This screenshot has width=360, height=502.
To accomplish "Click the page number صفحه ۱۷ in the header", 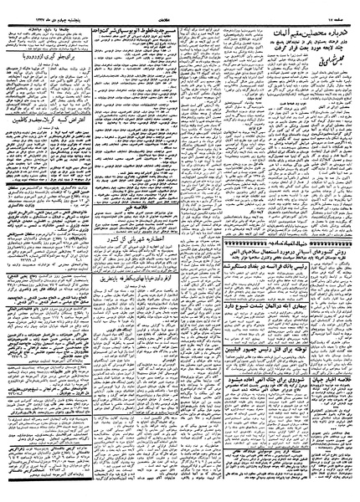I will pyautogui.click(x=337, y=7).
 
